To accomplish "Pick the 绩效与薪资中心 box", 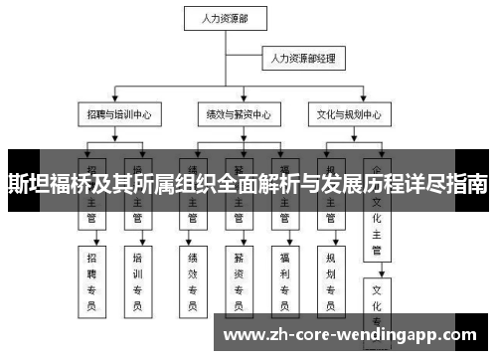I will click(235, 113).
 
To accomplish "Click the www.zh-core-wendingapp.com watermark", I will click(354, 335).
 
